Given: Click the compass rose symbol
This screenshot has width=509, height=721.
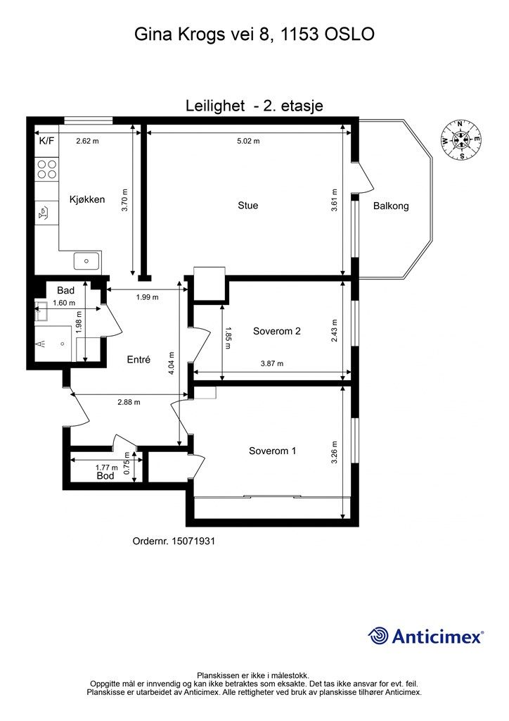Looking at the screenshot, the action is [460, 140].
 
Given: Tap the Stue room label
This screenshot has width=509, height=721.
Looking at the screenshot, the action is [248, 206].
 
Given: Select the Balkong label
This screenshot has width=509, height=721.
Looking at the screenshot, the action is [391, 206].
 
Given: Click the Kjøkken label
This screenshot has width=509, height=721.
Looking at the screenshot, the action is [87, 199].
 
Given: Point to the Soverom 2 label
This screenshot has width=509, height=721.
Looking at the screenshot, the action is [277, 331].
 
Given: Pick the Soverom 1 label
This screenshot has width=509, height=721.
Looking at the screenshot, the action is [272, 451].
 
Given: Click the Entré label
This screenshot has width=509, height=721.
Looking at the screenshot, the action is [138, 360].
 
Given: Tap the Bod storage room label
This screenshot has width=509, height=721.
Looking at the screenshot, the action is [105, 476].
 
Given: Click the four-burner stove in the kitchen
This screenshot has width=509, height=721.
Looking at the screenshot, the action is [47, 169].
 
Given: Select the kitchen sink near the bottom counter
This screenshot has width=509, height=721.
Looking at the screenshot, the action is [86, 261].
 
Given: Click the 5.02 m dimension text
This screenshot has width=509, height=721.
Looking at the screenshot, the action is [248, 141].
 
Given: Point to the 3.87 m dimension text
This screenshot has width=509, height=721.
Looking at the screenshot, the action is [271, 363].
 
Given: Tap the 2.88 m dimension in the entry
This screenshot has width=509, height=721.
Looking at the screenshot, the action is [129, 402].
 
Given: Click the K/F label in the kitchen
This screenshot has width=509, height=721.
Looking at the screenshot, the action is [46, 141].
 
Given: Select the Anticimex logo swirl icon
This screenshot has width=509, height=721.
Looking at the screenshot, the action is [378, 637].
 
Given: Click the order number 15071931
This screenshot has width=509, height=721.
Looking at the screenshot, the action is [193, 541].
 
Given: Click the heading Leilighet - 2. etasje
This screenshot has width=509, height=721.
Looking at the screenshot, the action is [254, 106].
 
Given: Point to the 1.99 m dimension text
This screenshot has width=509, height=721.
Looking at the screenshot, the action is [148, 297].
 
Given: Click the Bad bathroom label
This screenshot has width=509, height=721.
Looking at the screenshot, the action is [65, 291].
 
